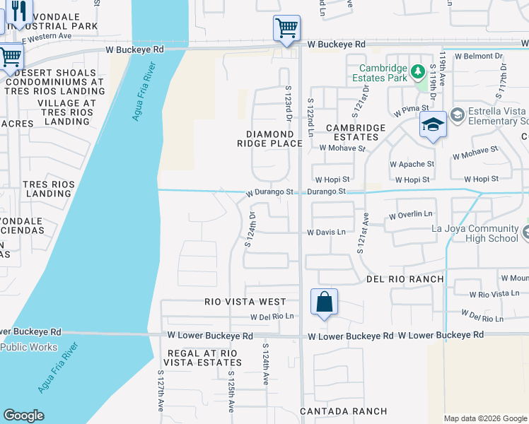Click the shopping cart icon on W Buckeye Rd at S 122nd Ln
[x=286, y=28]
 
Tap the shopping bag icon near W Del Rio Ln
[x=324, y=302]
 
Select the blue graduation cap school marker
[x=433, y=125]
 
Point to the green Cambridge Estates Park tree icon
[x=418, y=71]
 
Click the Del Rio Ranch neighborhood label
[x=405, y=279]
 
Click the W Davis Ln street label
[x=326, y=232]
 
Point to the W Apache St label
[x=412, y=164]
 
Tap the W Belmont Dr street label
[x=479, y=55]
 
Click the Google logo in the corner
[x=23, y=416]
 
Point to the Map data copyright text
[x=484, y=418]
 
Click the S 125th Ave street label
[x=231, y=392]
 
